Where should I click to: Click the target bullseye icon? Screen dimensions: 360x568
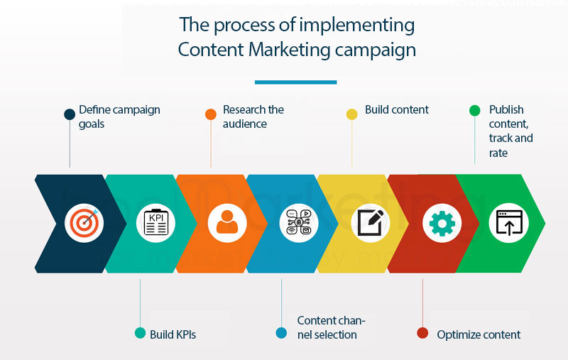point(84,224)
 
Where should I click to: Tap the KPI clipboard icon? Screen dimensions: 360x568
point(155,224)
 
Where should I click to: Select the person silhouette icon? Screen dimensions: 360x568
point(226,224)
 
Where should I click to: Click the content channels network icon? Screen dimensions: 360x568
point(298,224)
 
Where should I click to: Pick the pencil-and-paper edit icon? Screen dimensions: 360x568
point(370,224)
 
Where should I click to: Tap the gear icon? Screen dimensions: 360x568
point(442,224)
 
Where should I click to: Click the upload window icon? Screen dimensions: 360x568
point(509,224)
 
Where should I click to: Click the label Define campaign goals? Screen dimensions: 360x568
point(119,116)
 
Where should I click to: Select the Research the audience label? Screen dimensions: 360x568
point(253,116)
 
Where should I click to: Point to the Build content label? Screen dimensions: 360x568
point(397,110)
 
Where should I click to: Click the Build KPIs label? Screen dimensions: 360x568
point(173,334)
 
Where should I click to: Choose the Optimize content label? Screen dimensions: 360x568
point(479,334)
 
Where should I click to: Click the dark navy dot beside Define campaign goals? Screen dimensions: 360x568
point(70,114)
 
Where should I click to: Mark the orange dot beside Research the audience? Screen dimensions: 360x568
point(211,114)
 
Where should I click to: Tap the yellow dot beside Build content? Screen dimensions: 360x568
point(351,114)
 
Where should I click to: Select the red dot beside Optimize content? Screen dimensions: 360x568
point(422,333)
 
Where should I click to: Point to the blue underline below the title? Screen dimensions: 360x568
point(295,82)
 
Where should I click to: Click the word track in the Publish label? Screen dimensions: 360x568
point(502,138)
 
